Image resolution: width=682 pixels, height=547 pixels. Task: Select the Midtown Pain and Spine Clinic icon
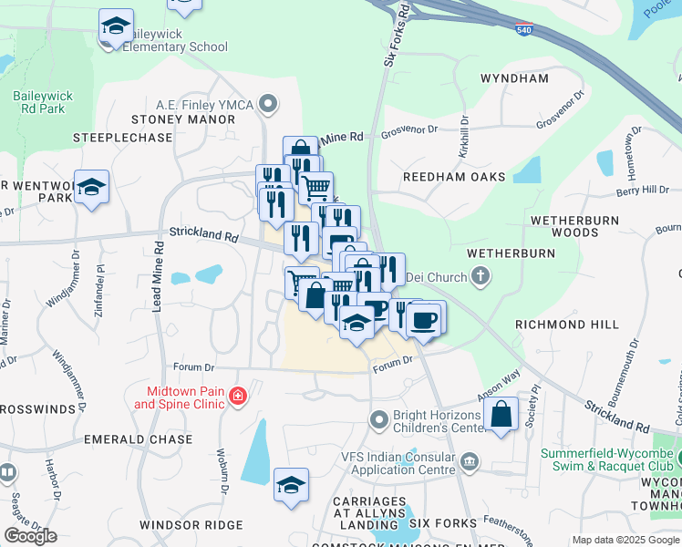(238, 396)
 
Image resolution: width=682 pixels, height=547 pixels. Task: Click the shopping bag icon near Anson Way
(501, 415)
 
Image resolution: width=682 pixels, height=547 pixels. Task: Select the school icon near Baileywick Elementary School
(116, 26)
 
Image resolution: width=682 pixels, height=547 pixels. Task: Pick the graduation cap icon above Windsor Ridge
(291, 485)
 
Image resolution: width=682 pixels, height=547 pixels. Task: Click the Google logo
(30, 535)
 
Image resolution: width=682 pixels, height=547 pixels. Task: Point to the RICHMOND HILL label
(566, 325)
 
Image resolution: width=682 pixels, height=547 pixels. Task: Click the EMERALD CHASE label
(138, 439)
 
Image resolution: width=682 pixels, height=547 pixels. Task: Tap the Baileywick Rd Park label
(39, 101)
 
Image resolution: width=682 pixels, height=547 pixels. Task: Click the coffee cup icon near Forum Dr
(425, 318)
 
